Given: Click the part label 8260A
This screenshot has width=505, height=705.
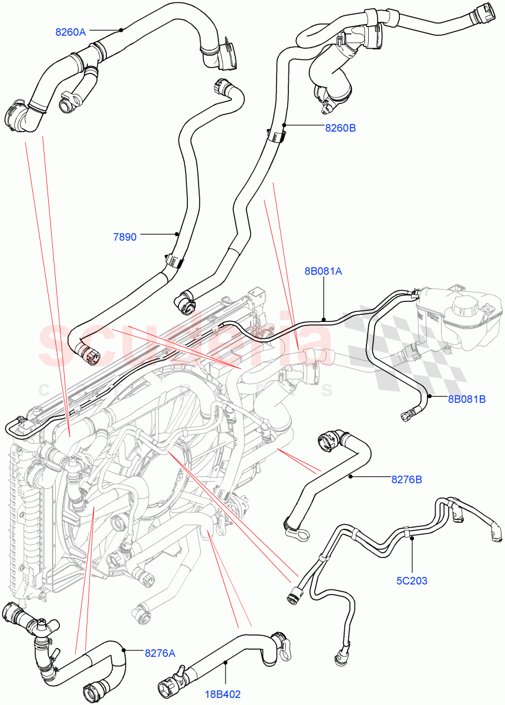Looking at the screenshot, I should pos(70,32).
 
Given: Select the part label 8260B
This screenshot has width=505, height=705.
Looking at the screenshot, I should pos(340,127).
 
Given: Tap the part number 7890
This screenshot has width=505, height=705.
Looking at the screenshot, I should pos(124,237).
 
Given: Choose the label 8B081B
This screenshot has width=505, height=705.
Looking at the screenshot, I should pos(467,399).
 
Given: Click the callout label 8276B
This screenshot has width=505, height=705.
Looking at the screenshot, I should pos(407,479).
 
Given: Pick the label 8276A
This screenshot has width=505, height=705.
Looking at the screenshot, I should pos(160,652).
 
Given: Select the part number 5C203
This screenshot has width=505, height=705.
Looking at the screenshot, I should pos(411,581).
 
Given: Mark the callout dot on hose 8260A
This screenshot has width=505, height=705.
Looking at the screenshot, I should pos(121,30).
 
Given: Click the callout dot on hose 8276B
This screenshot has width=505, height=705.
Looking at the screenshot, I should pos(351,476).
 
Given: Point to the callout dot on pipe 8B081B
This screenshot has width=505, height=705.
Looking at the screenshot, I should pos(430,397).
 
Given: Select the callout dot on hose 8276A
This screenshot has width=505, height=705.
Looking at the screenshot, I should pos(124,649).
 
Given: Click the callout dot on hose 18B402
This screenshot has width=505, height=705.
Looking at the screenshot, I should pos(225,663).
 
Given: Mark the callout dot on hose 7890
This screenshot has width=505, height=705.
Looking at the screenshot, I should pos(176,234).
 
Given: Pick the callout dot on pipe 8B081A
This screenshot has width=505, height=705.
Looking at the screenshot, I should pos(324,319).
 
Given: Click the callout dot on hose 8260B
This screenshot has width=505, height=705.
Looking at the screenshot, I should pos(284,125).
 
